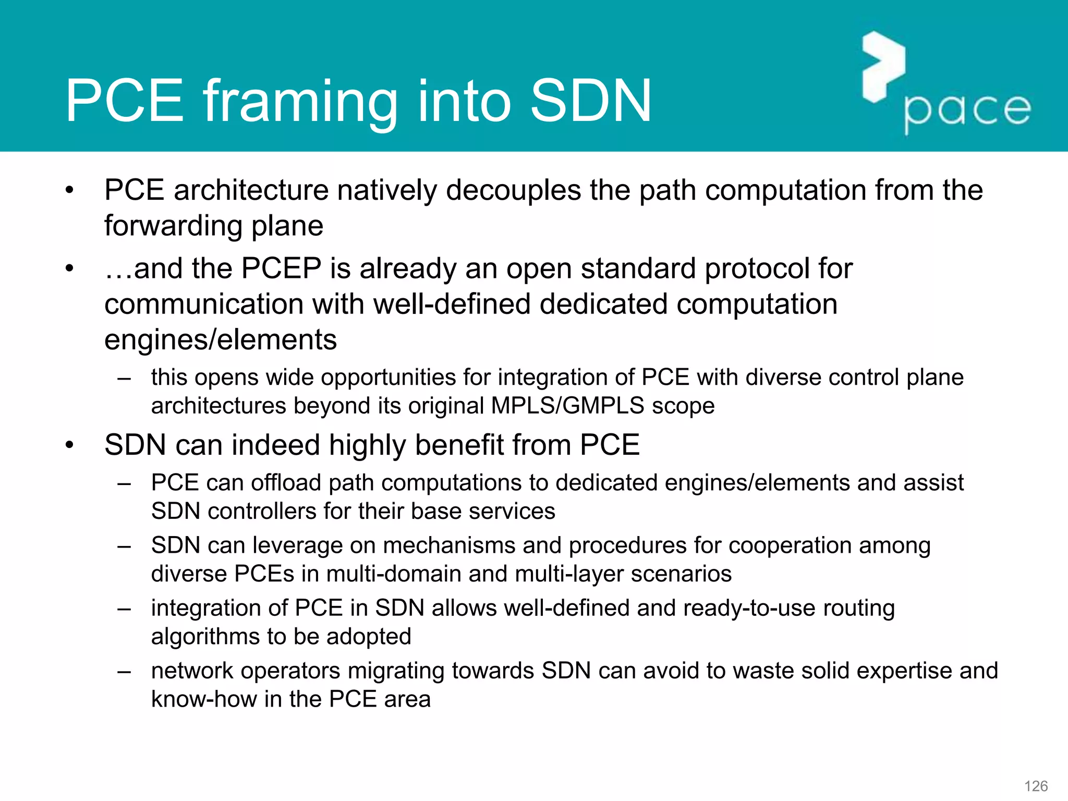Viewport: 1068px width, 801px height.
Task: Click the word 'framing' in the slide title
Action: pos(299,102)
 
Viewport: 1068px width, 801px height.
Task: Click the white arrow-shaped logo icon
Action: pos(883,67)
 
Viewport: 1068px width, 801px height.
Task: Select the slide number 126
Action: pos(1036,786)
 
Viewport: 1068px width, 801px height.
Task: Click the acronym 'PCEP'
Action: pos(281,269)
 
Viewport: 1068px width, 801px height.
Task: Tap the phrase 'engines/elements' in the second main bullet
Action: pos(220,340)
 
